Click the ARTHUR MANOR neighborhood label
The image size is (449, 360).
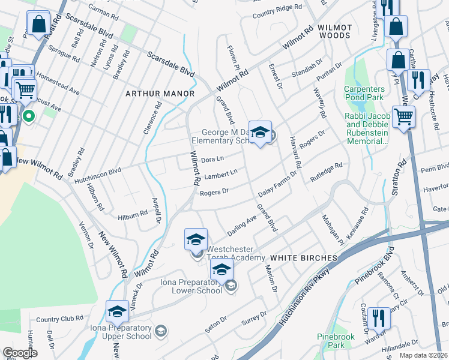coord(160,94)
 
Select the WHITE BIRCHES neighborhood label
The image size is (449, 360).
coord(303,257)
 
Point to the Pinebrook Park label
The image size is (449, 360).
coord(333,341)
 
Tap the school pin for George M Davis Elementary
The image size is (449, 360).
coord(260,133)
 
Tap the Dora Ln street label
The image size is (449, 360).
coord(212,160)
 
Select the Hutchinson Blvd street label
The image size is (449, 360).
coord(98,170)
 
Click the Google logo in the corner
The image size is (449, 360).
coord(20,353)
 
